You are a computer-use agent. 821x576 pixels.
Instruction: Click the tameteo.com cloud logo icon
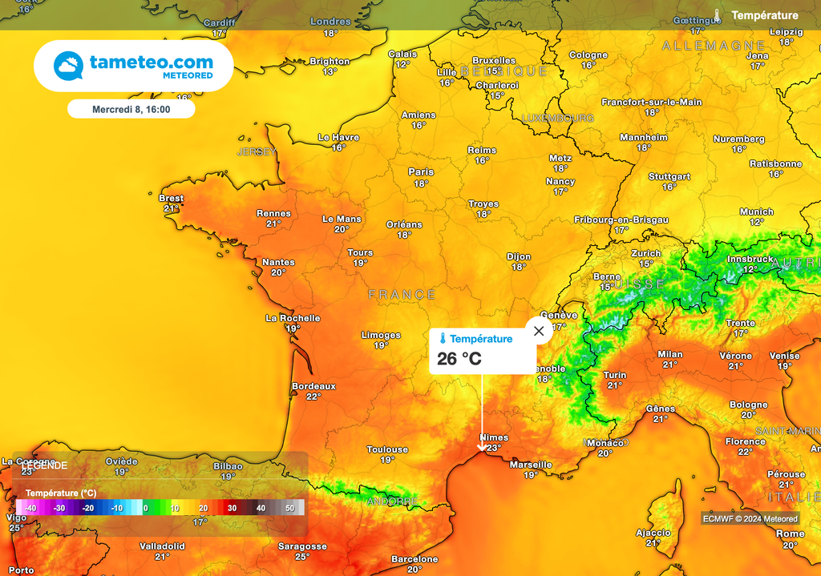click(x=68, y=66)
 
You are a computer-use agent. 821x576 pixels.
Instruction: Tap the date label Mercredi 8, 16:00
click(x=131, y=109)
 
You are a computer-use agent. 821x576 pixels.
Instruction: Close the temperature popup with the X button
click(x=539, y=331)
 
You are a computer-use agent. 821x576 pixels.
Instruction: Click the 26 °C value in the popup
click(x=459, y=358)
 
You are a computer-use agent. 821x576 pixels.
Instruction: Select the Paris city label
click(x=421, y=171)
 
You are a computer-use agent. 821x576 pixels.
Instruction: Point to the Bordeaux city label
click(x=313, y=385)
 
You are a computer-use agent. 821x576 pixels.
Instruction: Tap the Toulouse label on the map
click(x=387, y=449)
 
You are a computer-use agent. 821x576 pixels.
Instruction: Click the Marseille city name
click(x=531, y=464)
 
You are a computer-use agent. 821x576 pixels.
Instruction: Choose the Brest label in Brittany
click(x=171, y=198)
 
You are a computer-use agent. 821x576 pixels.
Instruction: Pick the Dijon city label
click(x=519, y=256)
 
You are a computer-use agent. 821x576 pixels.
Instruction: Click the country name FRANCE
click(x=402, y=295)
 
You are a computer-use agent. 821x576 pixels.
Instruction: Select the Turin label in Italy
click(x=615, y=374)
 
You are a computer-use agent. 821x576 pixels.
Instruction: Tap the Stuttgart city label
click(x=669, y=176)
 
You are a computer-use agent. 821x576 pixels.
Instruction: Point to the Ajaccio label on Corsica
click(x=653, y=532)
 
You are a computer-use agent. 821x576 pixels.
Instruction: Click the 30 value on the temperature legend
click(x=232, y=508)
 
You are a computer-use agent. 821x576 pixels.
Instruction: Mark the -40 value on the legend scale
click(x=30, y=508)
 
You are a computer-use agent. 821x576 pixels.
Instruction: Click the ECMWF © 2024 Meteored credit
click(x=750, y=518)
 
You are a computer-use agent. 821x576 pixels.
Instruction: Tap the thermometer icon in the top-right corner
click(x=718, y=15)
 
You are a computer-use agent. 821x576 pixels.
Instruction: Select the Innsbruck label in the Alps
click(x=750, y=259)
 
